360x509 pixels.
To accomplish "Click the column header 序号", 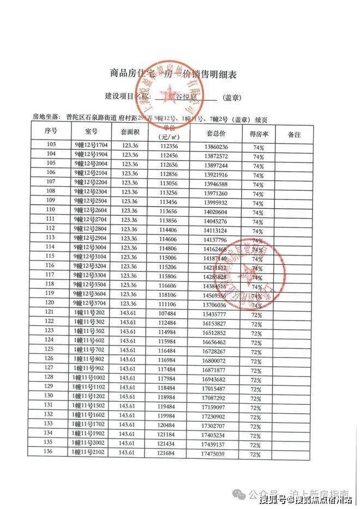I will click(52, 132).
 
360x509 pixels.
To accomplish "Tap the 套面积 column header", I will click(129, 132).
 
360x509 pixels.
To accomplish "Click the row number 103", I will click(52, 146).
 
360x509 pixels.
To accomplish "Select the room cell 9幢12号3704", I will click(91, 303).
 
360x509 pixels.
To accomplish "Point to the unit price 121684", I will click(169, 453).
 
